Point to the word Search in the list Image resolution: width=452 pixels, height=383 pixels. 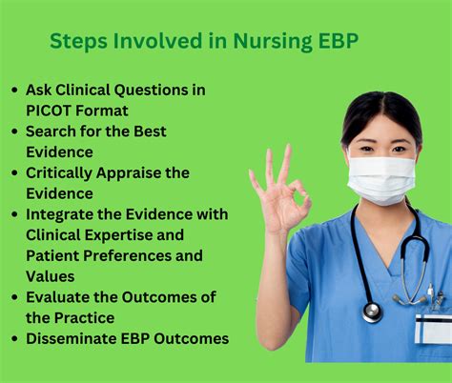point(53,131)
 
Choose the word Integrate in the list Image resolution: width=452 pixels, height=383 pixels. point(64,214)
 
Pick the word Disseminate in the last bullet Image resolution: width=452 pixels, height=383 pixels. point(73,338)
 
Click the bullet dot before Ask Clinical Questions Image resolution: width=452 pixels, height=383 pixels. point(14,91)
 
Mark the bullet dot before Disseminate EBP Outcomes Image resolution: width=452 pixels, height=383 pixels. point(14,339)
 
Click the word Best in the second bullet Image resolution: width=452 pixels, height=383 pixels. point(156,131)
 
